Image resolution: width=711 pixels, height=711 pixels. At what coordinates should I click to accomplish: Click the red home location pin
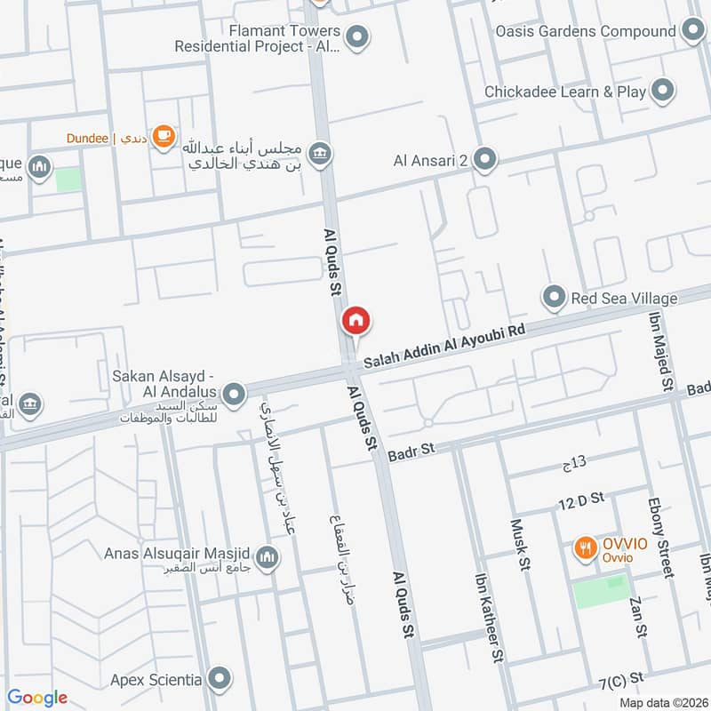tap(355, 322)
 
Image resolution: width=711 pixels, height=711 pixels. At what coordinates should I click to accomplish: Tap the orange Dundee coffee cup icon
tap(163, 136)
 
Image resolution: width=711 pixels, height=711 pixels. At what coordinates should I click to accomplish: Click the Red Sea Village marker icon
tap(555, 297)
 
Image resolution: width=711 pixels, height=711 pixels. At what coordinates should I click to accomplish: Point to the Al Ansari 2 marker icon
tap(484, 160)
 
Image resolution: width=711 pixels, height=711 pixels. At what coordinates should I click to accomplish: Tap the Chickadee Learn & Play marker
tap(661, 90)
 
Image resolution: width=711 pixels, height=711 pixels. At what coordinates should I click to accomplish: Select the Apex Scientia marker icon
tap(219, 680)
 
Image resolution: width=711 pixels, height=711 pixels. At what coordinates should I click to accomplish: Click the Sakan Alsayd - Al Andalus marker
tap(234, 393)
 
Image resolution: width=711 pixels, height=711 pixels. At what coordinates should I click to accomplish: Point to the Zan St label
tap(637, 618)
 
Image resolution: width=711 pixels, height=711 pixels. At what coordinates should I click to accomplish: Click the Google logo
tap(37, 698)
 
